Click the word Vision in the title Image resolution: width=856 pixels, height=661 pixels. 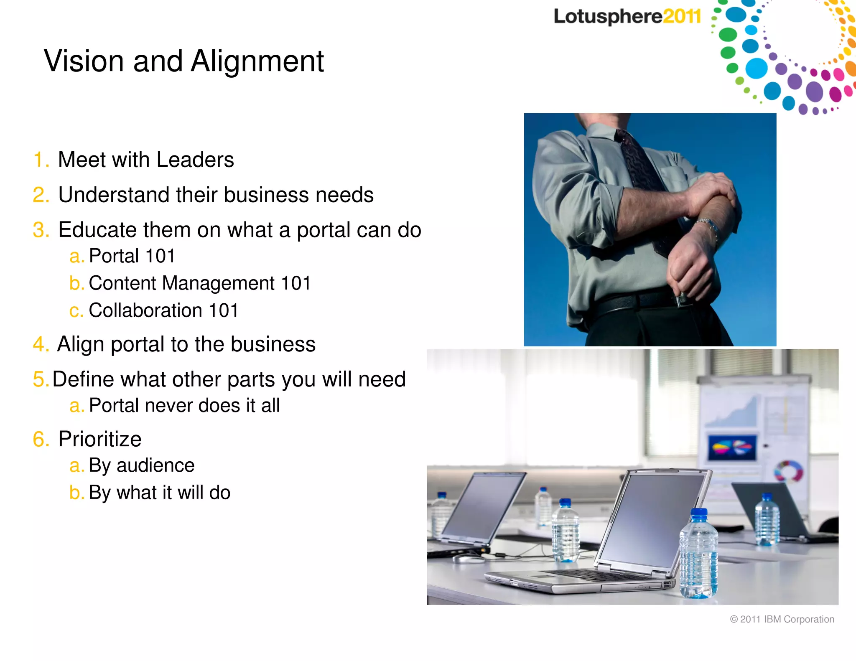(84, 61)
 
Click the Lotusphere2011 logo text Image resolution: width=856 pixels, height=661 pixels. (627, 17)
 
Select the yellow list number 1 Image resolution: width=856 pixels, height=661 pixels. (41, 160)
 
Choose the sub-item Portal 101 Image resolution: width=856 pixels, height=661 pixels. (132, 256)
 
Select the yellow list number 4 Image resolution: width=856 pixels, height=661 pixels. (41, 345)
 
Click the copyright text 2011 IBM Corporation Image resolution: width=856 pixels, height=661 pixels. (782, 619)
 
